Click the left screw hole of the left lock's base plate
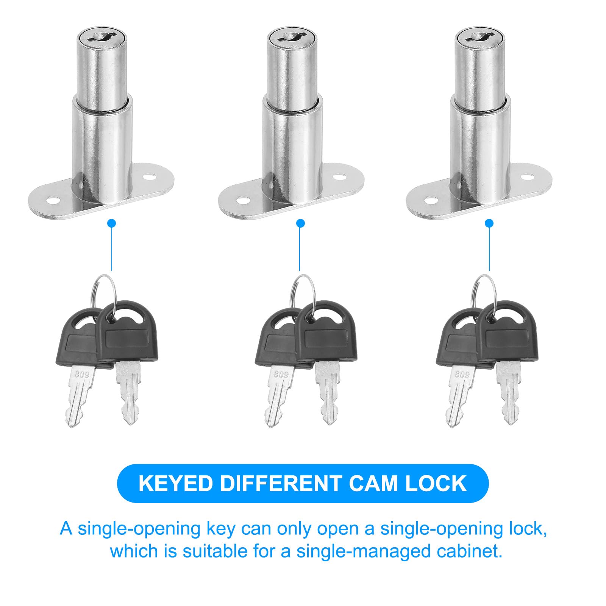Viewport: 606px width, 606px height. (52, 200)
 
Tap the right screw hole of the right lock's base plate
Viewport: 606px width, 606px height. (527, 177)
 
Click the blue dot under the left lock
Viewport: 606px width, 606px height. (111, 223)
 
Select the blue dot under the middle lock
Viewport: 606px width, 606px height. (300, 223)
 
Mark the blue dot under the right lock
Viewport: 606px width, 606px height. (489, 223)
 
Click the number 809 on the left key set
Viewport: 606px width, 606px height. (82, 375)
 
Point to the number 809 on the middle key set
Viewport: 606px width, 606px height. (281, 374)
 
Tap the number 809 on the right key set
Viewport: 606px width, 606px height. (462, 374)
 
